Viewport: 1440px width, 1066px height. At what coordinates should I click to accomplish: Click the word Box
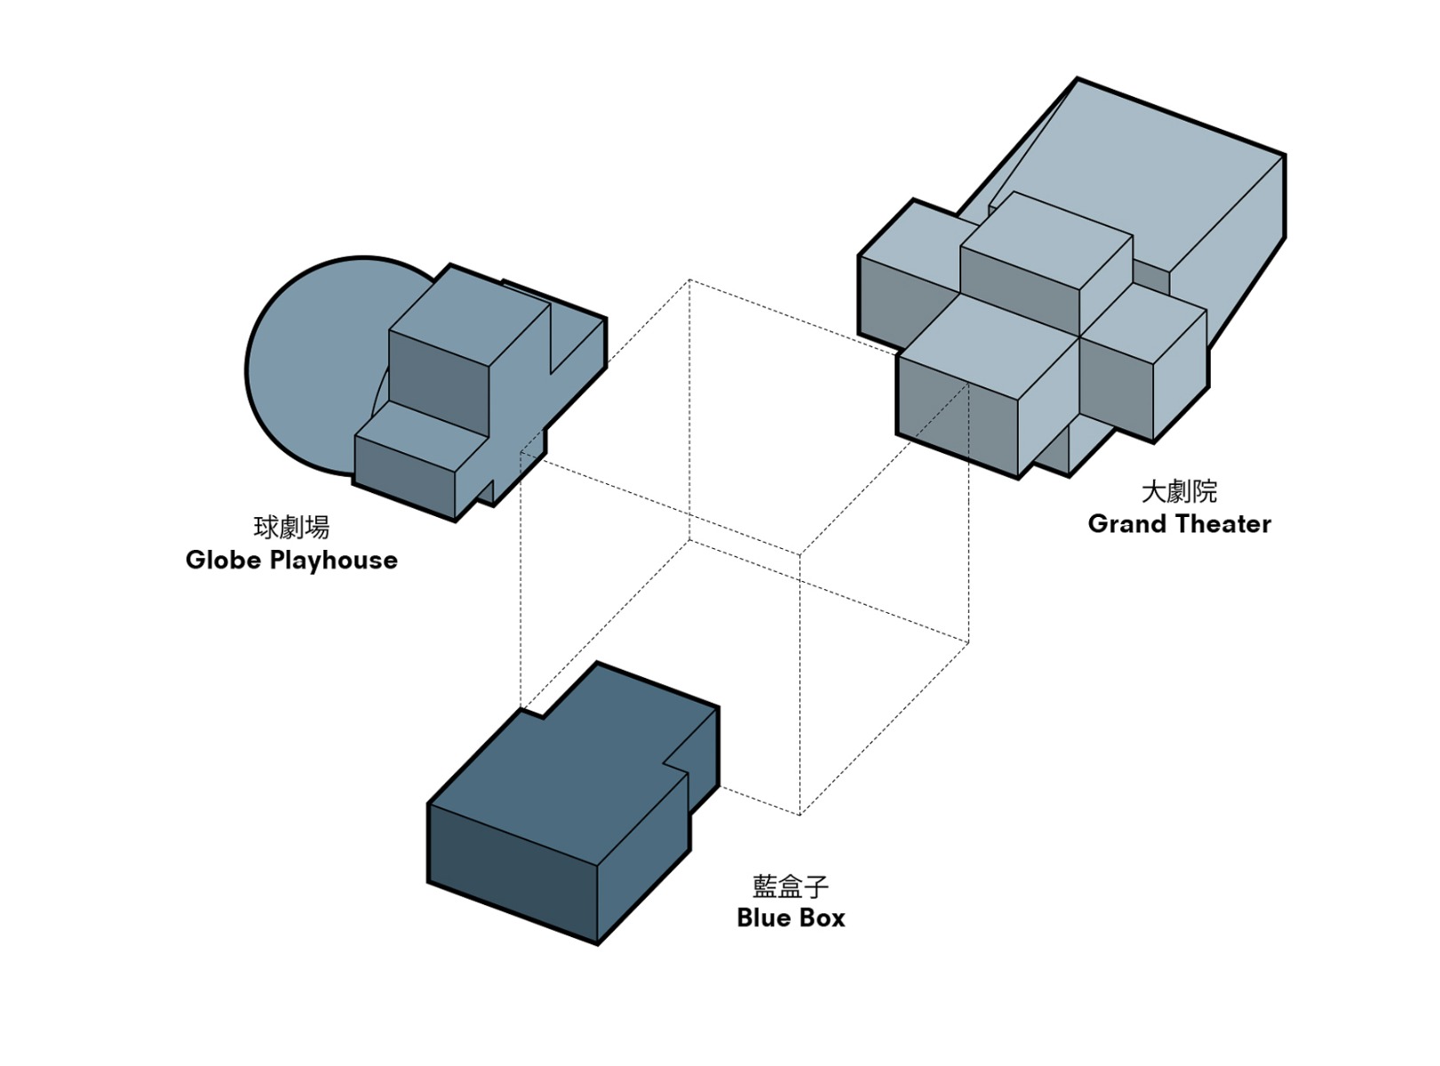pyautogui.click(x=823, y=918)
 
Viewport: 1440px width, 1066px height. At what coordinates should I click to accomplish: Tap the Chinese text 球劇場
pyautogui.click(x=291, y=528)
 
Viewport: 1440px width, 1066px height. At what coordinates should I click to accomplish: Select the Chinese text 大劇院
pyautogui.click(x=1179, y=491)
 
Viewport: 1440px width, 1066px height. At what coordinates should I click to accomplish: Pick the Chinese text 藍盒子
pyautogui.click(x=791, y=886)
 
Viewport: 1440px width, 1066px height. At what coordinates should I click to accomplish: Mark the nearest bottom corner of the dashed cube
pyautogui.click(x=800, y=815)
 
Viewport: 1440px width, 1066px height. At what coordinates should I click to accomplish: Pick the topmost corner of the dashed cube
pyautogui.click(x=689, y=280)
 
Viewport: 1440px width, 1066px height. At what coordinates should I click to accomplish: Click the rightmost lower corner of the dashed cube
pyautogui.click(x=968, y=641)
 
